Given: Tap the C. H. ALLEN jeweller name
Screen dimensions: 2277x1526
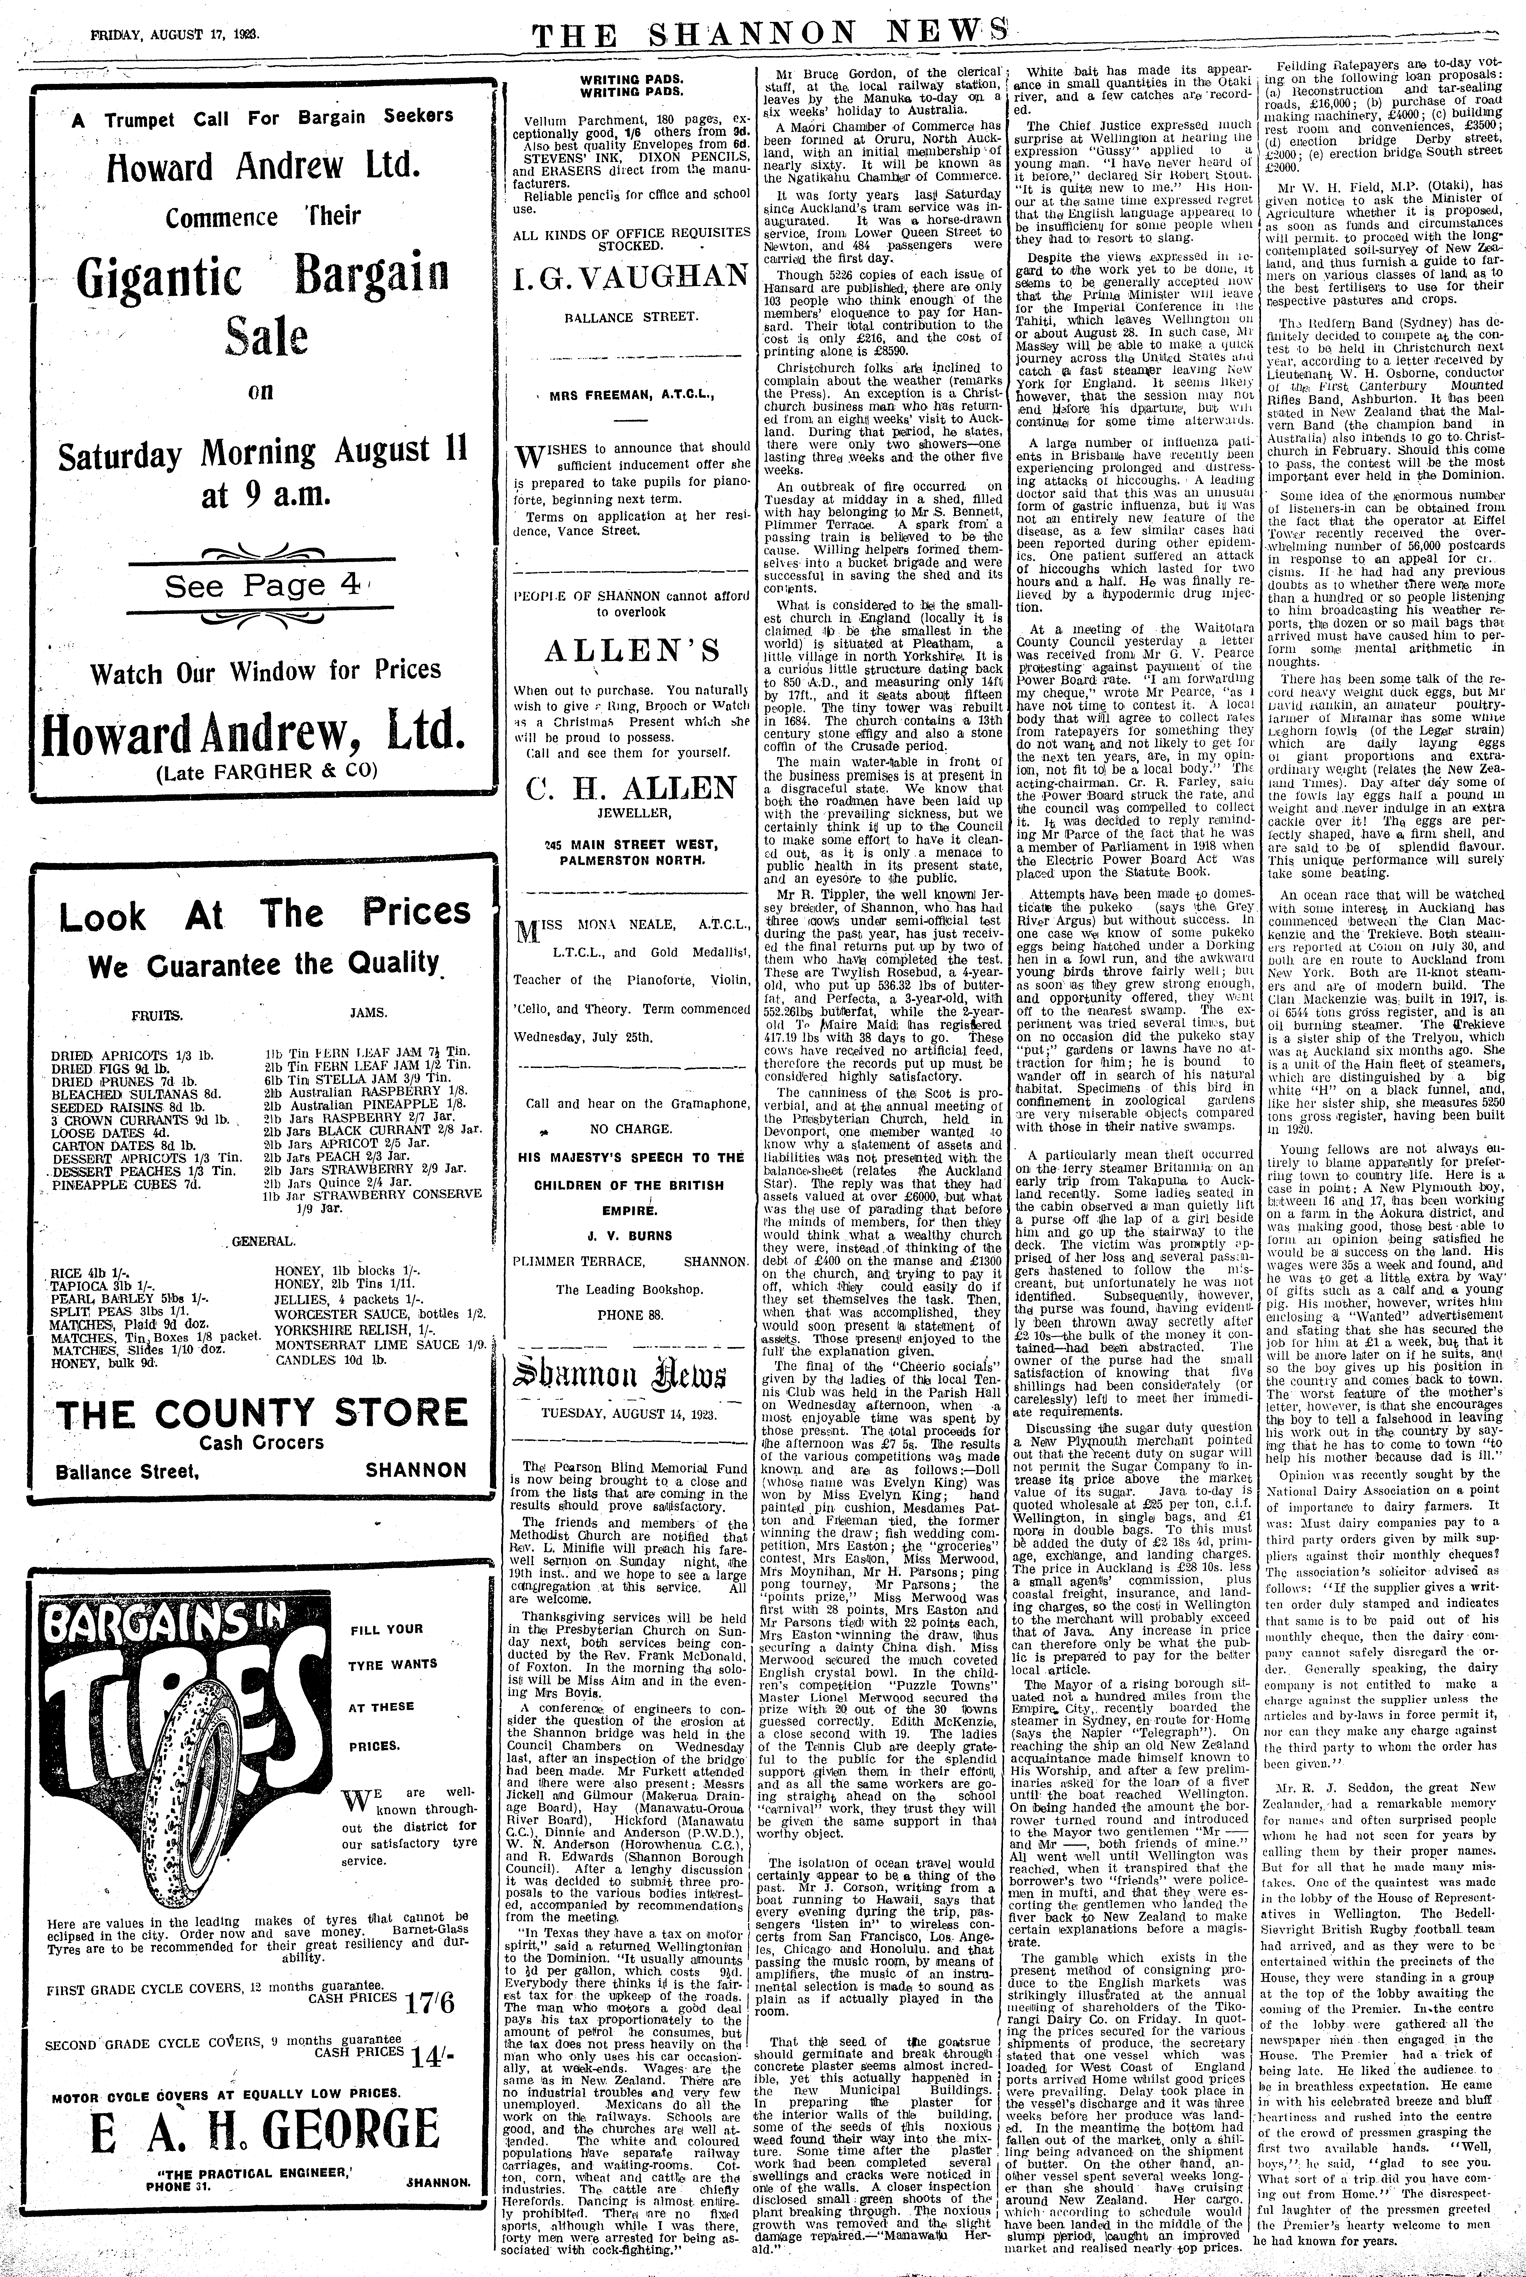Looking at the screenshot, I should coord(632,788).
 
